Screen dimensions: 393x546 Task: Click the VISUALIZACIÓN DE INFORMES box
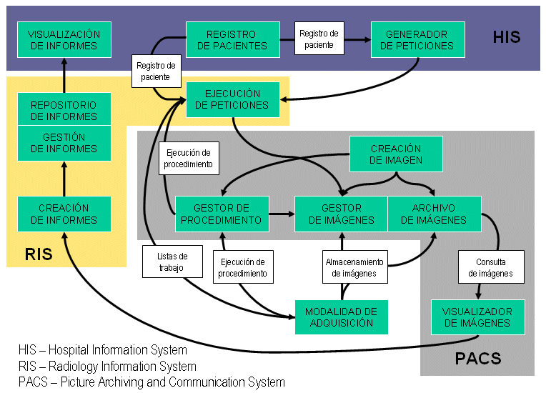(64, 40)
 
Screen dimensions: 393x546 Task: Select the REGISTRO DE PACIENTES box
(232, 40)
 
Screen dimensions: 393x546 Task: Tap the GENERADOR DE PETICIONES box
(417, 40)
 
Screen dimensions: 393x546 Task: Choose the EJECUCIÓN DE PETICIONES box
(232, 99)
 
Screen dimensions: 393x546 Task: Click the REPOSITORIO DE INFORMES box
(64, 110)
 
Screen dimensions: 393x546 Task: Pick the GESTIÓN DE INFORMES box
(64, 143)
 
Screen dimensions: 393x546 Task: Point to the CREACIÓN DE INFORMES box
(64, 214)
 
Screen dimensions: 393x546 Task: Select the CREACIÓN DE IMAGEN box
(396, 154)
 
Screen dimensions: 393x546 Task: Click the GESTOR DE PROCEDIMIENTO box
(222, 214)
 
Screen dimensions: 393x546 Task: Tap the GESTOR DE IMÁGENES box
(342, 214)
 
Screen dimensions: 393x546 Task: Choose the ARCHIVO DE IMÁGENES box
(433, 214)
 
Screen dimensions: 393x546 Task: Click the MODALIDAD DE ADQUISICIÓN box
(341, 317)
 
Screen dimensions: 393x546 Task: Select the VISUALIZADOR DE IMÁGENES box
(477, 317)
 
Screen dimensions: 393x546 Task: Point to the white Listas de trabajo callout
(172, 262)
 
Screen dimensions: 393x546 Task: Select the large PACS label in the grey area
(478, 359)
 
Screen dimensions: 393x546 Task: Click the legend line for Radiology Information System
(107, 367)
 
